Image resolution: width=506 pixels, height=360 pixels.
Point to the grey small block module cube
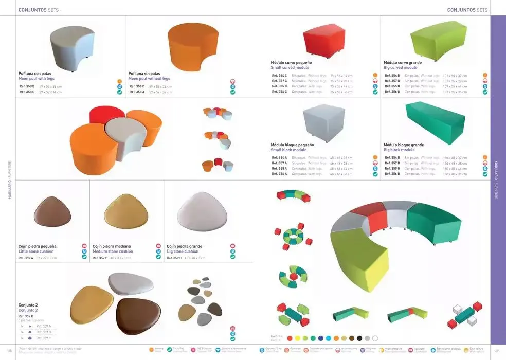pyautogui.click(x=323, y=121)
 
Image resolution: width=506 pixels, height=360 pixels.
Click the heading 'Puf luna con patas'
pyautogui.click(x=34, y=74)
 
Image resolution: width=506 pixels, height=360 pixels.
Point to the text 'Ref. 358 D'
pyautogui.click(x=136, y=86)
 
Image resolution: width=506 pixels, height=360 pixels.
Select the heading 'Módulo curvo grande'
pyautogui.click(x=402, y=63)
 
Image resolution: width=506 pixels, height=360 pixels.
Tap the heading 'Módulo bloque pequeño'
pyautogui.click(x=292, y=145)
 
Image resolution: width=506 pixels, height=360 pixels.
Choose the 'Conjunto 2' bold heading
pyautogui.click(x=28, y=305)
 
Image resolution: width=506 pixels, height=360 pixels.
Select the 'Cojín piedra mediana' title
pyautogui.click(x=112, y=246)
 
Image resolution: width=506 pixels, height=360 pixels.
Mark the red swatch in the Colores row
pyautogui.click(x=290, y=338)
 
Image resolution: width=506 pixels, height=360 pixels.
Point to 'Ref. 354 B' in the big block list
pyautogui.click(x=391, y=158)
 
